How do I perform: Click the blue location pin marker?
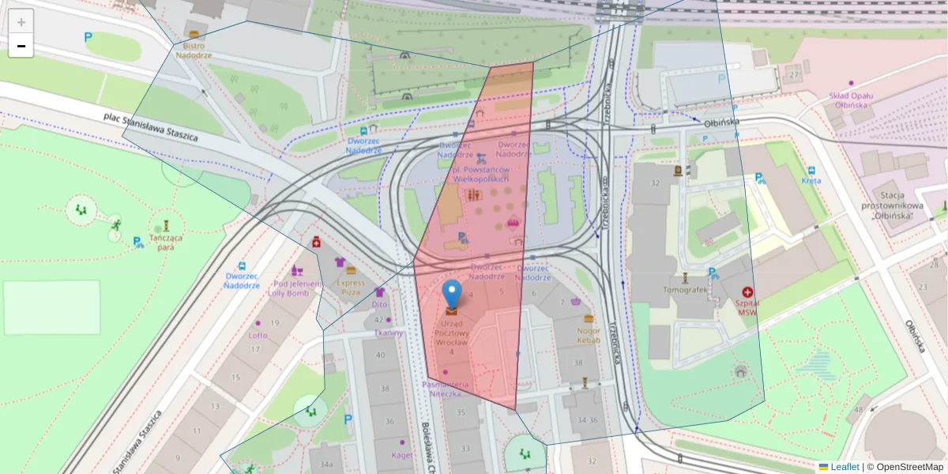click(x=452, y=294)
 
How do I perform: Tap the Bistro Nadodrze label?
click(x=194, y=51)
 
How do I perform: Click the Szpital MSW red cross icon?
click(x=747, y=292)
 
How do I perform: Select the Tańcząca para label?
click(x=166, y=242)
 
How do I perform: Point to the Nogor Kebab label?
click(x=589, y=335)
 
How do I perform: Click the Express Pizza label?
click(x=351, y=287)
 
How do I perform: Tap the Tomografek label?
click(x=685, y=289)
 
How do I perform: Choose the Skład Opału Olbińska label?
click(x=849, y=100)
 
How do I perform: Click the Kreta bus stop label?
click(x=811, y=180)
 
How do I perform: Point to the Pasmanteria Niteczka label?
click(x=446, y=389)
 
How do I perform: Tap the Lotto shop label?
click(x=258, y=335)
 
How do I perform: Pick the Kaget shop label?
click(x=402, y=455)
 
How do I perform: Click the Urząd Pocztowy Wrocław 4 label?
click(x=451, y=337)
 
